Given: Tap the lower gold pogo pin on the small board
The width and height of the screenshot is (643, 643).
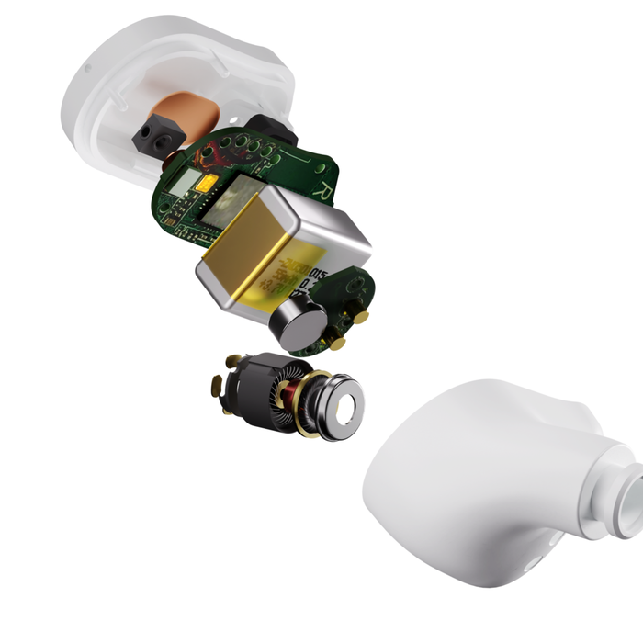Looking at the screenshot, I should click(x=338, y=344).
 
